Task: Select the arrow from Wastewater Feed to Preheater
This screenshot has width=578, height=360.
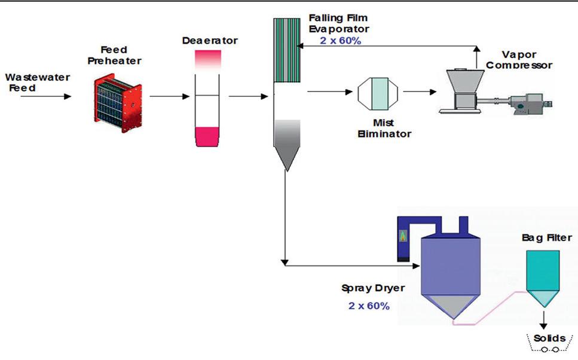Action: pos(45,96)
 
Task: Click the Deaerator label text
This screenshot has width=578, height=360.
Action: pos(209,41)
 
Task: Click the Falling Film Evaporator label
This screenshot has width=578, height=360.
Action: pos(340,23)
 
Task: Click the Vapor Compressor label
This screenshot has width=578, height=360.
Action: pos(518,59)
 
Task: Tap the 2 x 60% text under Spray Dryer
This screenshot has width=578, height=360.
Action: pos(369,306)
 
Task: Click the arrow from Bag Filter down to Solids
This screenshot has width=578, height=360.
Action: pos(543,318)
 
